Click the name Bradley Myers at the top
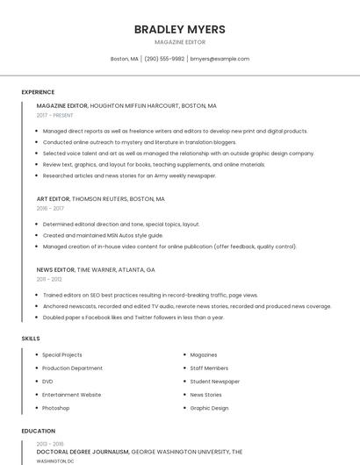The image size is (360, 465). [179, 29]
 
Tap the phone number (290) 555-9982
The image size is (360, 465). [164, 59]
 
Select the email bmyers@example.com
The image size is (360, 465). [220, 59]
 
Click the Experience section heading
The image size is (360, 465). [38, 92]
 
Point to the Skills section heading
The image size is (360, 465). [31, 339]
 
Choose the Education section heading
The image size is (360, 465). [38, 431]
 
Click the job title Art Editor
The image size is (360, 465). [53, 199]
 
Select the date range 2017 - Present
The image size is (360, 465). [55, 115]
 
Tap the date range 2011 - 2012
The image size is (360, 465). [49, 279]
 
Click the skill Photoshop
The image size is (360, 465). [55, 408]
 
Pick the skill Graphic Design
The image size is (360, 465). [209, 408]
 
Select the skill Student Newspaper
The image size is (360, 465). [214, 382]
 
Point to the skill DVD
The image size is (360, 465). [47, 382]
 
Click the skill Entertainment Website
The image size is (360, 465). [71, 395]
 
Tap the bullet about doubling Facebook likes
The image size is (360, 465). [133, 318]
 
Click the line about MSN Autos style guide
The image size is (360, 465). [103, 235]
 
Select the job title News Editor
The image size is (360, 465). [55, 269]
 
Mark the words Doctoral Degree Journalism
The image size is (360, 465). [83, 451]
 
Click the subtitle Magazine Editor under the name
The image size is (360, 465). [179, 42]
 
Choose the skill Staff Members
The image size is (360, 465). [209, 368]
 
